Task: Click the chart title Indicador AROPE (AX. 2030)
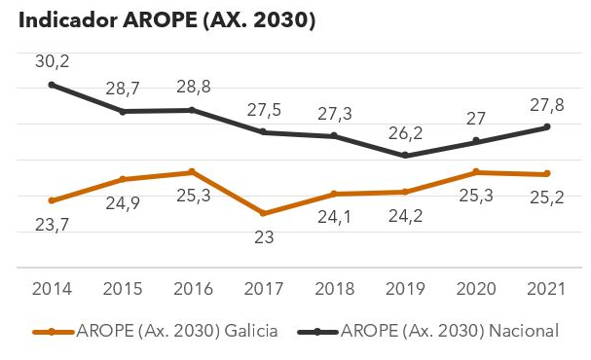(162, 20)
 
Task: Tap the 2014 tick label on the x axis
(51, 289)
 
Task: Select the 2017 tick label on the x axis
(263, 289)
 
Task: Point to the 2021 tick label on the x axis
(545, 289)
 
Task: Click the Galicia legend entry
(156, 332)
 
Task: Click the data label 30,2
(52, 60)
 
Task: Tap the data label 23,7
(52, 225)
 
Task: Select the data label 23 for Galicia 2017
(264, 236)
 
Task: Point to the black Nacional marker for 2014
(52, 85)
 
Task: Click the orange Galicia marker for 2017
(264, 213)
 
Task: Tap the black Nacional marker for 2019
(405, 156)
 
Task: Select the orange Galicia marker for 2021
(546, 174)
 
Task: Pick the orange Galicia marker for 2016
(193, 172)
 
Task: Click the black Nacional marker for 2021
(546, 127)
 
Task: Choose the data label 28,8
(193, 87)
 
